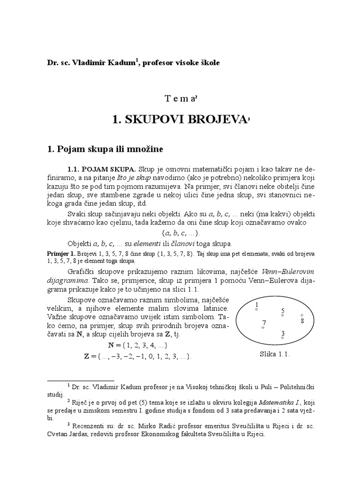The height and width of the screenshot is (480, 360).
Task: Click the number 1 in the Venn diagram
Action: point(256,305)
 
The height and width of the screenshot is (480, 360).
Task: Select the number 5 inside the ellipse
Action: point(283,311)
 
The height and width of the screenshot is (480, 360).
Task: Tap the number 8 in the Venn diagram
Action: point(302,321)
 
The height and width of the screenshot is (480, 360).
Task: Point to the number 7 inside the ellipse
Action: point(264,322)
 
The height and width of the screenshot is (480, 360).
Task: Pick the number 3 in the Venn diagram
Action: point(283,333)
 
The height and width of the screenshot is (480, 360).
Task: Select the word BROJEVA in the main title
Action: point(215,120)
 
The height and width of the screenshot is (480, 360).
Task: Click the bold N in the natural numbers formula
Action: point(111,345)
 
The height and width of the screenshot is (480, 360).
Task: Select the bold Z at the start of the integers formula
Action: point(86,356)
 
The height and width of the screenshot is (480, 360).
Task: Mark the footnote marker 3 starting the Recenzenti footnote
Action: point(68,425)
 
